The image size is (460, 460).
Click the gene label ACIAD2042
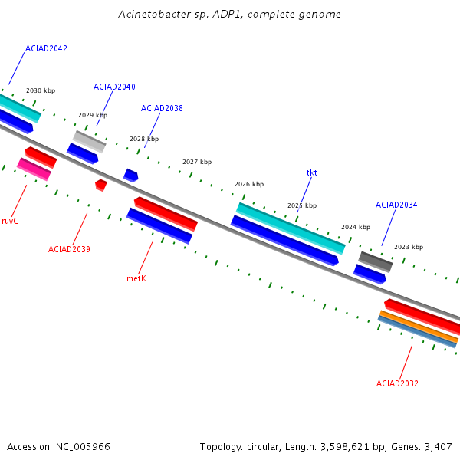46,48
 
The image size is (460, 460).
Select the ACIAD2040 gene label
114,87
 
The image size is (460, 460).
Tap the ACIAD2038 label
162,108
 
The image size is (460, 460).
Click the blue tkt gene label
311,172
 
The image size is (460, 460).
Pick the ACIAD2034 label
396,205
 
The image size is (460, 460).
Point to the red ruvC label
10,221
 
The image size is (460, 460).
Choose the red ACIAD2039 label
69,249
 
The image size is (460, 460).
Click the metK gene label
136,278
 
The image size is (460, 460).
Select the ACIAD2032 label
397,383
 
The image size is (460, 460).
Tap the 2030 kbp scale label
41,90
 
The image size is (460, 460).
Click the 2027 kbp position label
197,162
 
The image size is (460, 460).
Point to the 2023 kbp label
409,247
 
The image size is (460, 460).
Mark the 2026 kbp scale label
249,184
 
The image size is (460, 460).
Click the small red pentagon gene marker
101,185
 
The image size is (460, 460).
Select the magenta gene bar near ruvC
34,169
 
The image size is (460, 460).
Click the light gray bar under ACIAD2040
89,142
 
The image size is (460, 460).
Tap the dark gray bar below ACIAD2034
376,262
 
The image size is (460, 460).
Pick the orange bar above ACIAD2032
419,327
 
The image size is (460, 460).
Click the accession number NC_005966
83,447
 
